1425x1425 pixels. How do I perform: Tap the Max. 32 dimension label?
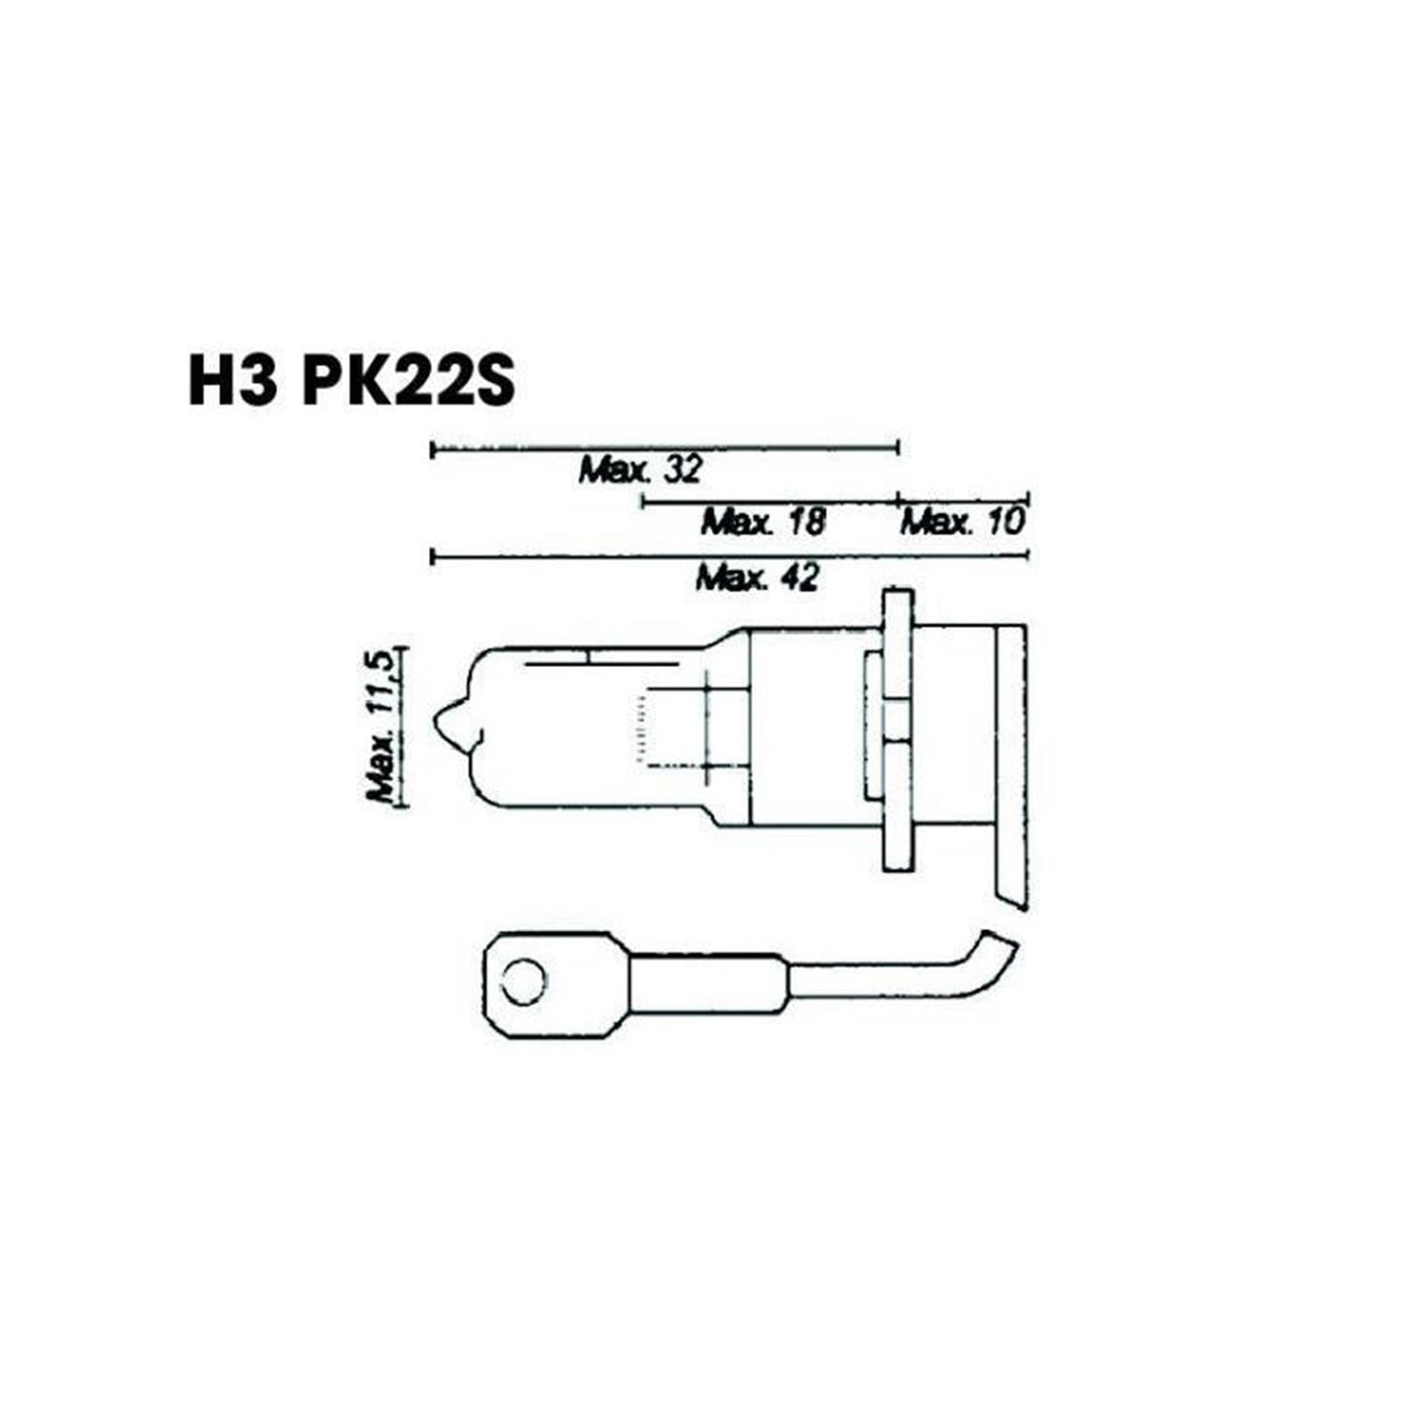pyautogui.click(x=640, y=470)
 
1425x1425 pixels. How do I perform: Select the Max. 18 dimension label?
pyautogui.click(x=763, y=522)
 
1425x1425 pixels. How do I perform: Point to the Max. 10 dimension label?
pyautogui.click(x=962, y=522)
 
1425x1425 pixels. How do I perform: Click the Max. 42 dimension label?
pyautogui.click(x=757, y=577)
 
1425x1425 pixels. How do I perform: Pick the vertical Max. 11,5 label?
pyautogui.click(x=382, y=726)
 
